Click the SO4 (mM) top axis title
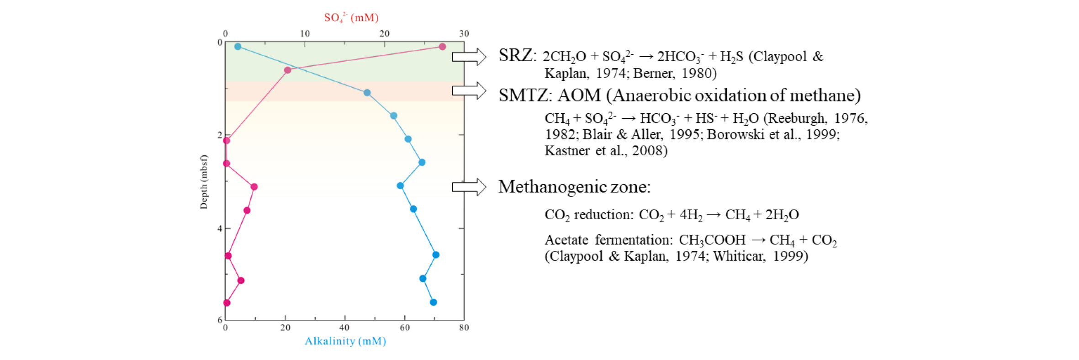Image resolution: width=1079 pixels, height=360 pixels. tap(351, 18)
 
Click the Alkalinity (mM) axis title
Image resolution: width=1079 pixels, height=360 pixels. tap(345, 341)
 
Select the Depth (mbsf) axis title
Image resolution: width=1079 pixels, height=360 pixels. tap(203, 182)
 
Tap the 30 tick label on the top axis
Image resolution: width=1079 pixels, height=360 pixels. tap(464, 34)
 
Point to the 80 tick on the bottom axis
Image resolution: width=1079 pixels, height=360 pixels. tap(464, 328)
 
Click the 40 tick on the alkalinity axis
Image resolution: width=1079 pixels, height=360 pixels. tap(344, 328)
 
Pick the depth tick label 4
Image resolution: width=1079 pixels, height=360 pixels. tap(220, 228)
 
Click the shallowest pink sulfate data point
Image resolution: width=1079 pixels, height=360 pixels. tap(442, 47)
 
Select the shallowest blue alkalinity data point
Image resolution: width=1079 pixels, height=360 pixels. tap(238, 47)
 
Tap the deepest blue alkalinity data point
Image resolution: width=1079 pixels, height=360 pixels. tap(434, 302)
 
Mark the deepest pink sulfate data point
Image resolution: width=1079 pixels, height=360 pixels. tap(227, 303)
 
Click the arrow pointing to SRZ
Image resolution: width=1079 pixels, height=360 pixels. tap(469, 57)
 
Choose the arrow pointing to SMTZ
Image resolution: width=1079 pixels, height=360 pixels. tap(469, 90)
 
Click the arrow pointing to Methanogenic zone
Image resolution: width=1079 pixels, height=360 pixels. tap(469, 187)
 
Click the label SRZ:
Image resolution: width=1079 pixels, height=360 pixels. tap(518, 56)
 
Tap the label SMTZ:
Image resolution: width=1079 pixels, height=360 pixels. tap(525, 95)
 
